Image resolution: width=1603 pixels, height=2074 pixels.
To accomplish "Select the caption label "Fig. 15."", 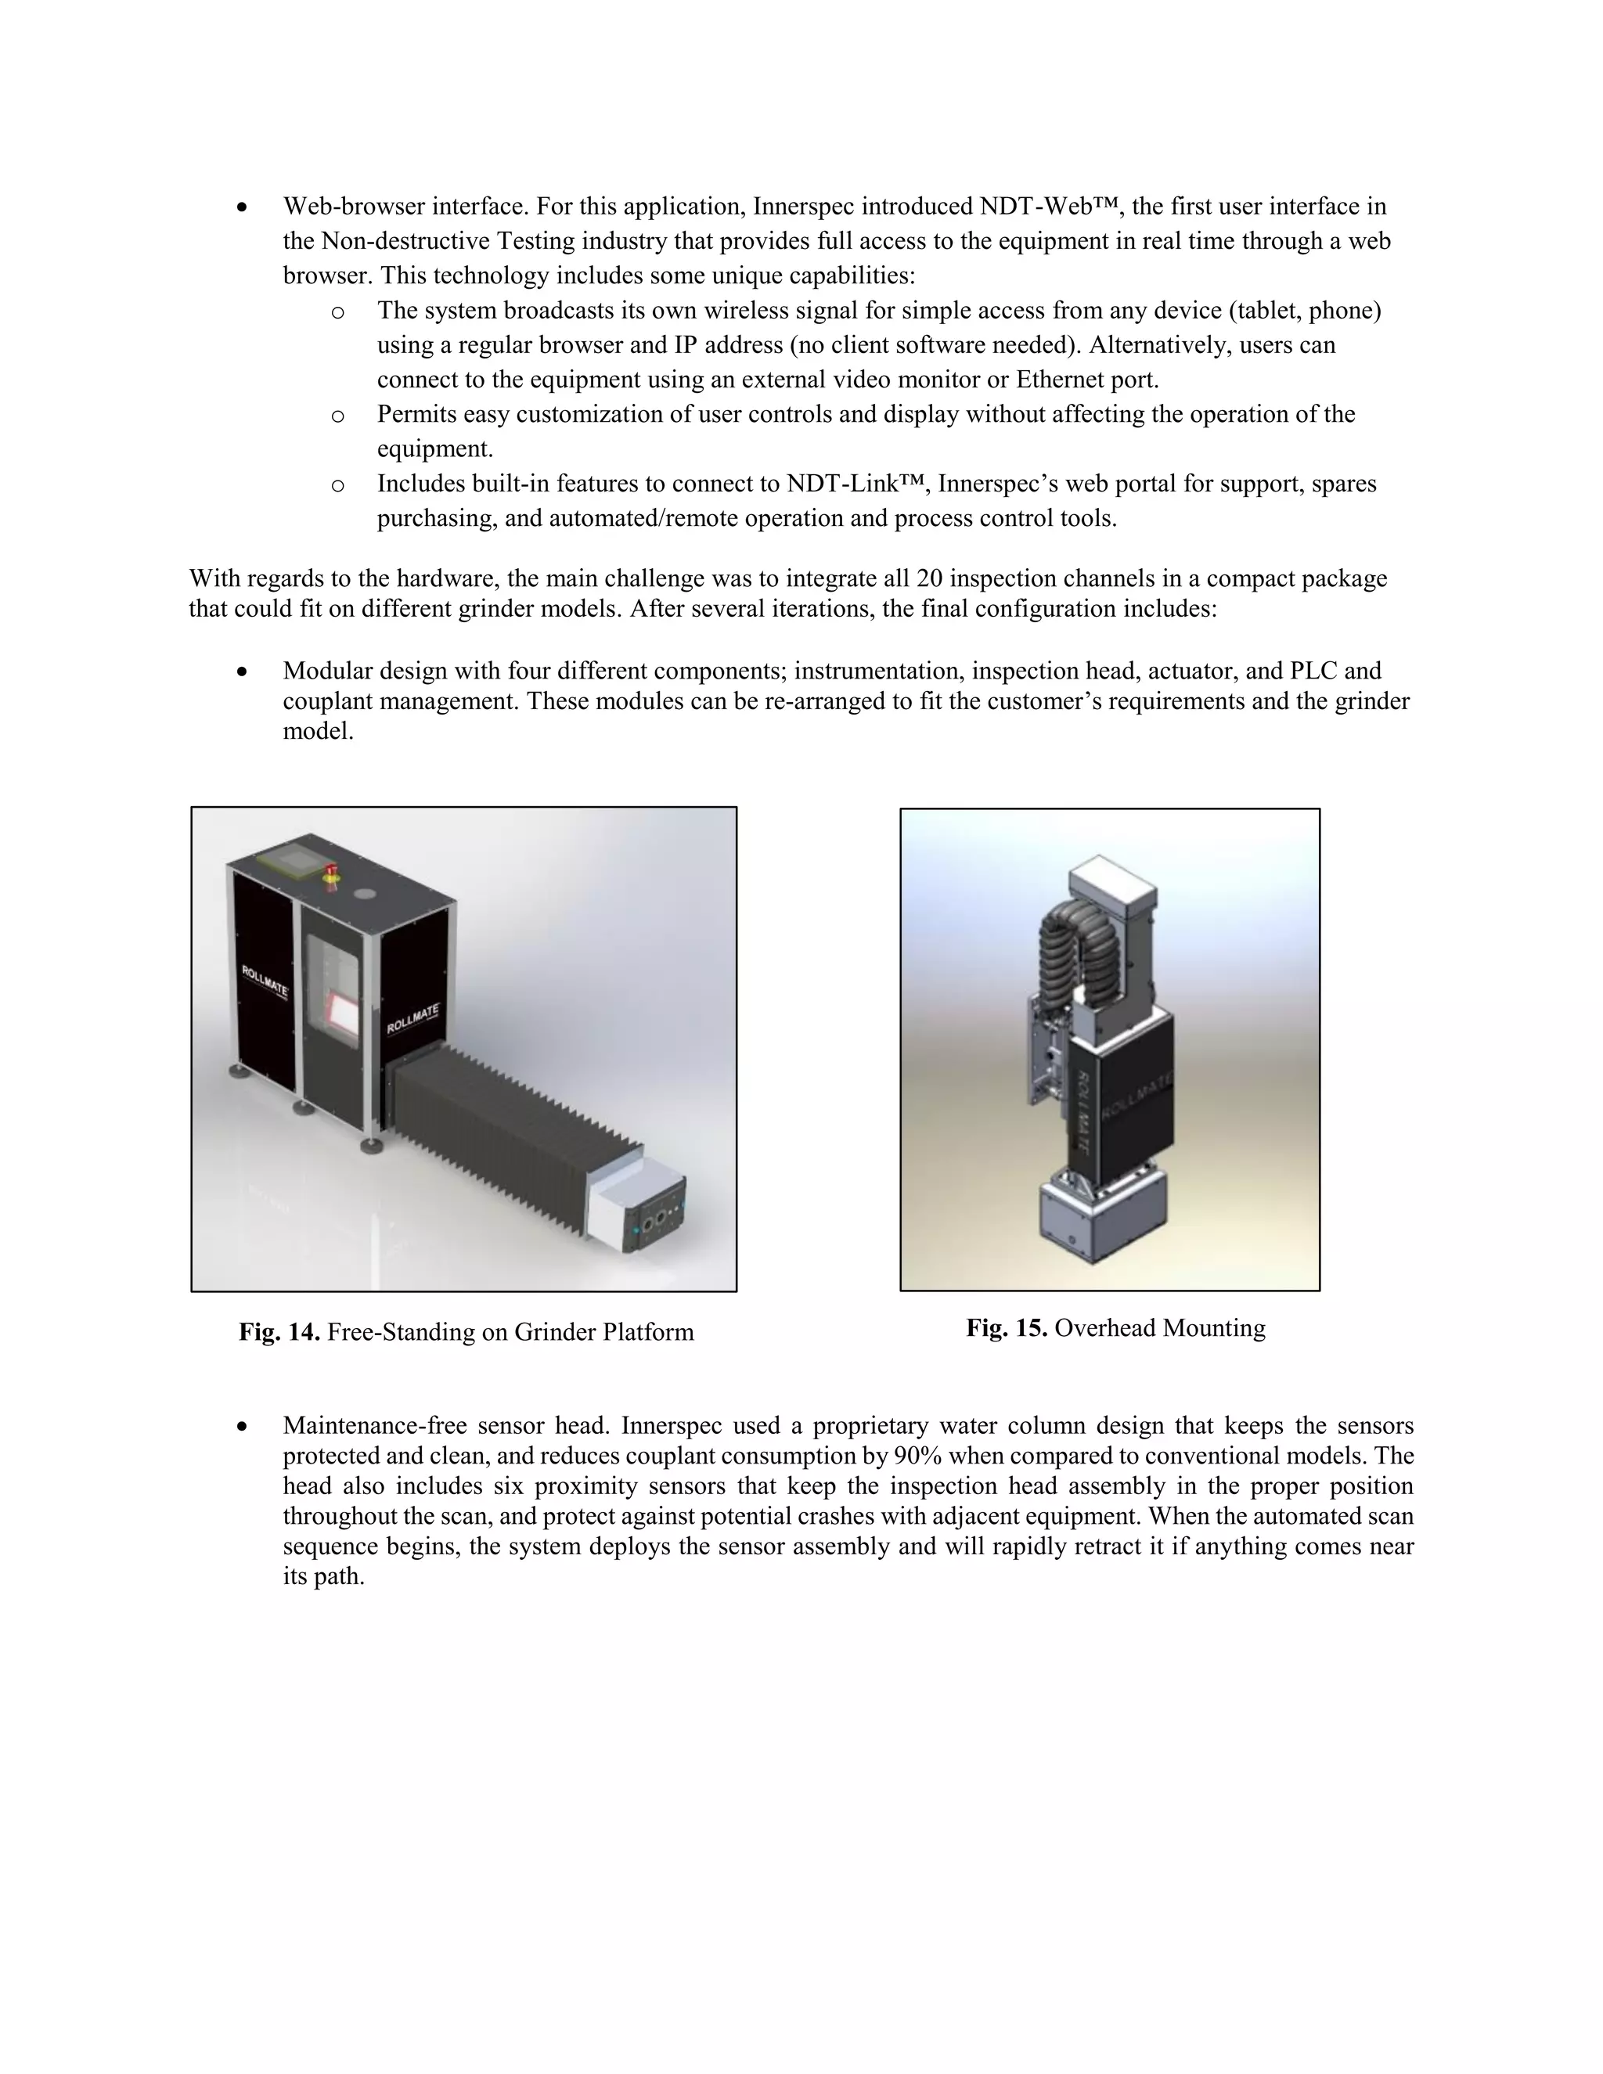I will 1007,1327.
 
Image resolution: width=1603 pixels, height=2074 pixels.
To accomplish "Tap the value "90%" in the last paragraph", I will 917,1456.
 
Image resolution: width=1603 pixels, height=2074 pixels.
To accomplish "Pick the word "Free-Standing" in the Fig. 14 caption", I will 394,1332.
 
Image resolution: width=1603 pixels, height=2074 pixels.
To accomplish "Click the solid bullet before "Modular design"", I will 243,672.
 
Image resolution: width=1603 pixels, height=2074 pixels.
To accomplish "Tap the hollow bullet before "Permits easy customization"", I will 337,415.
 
